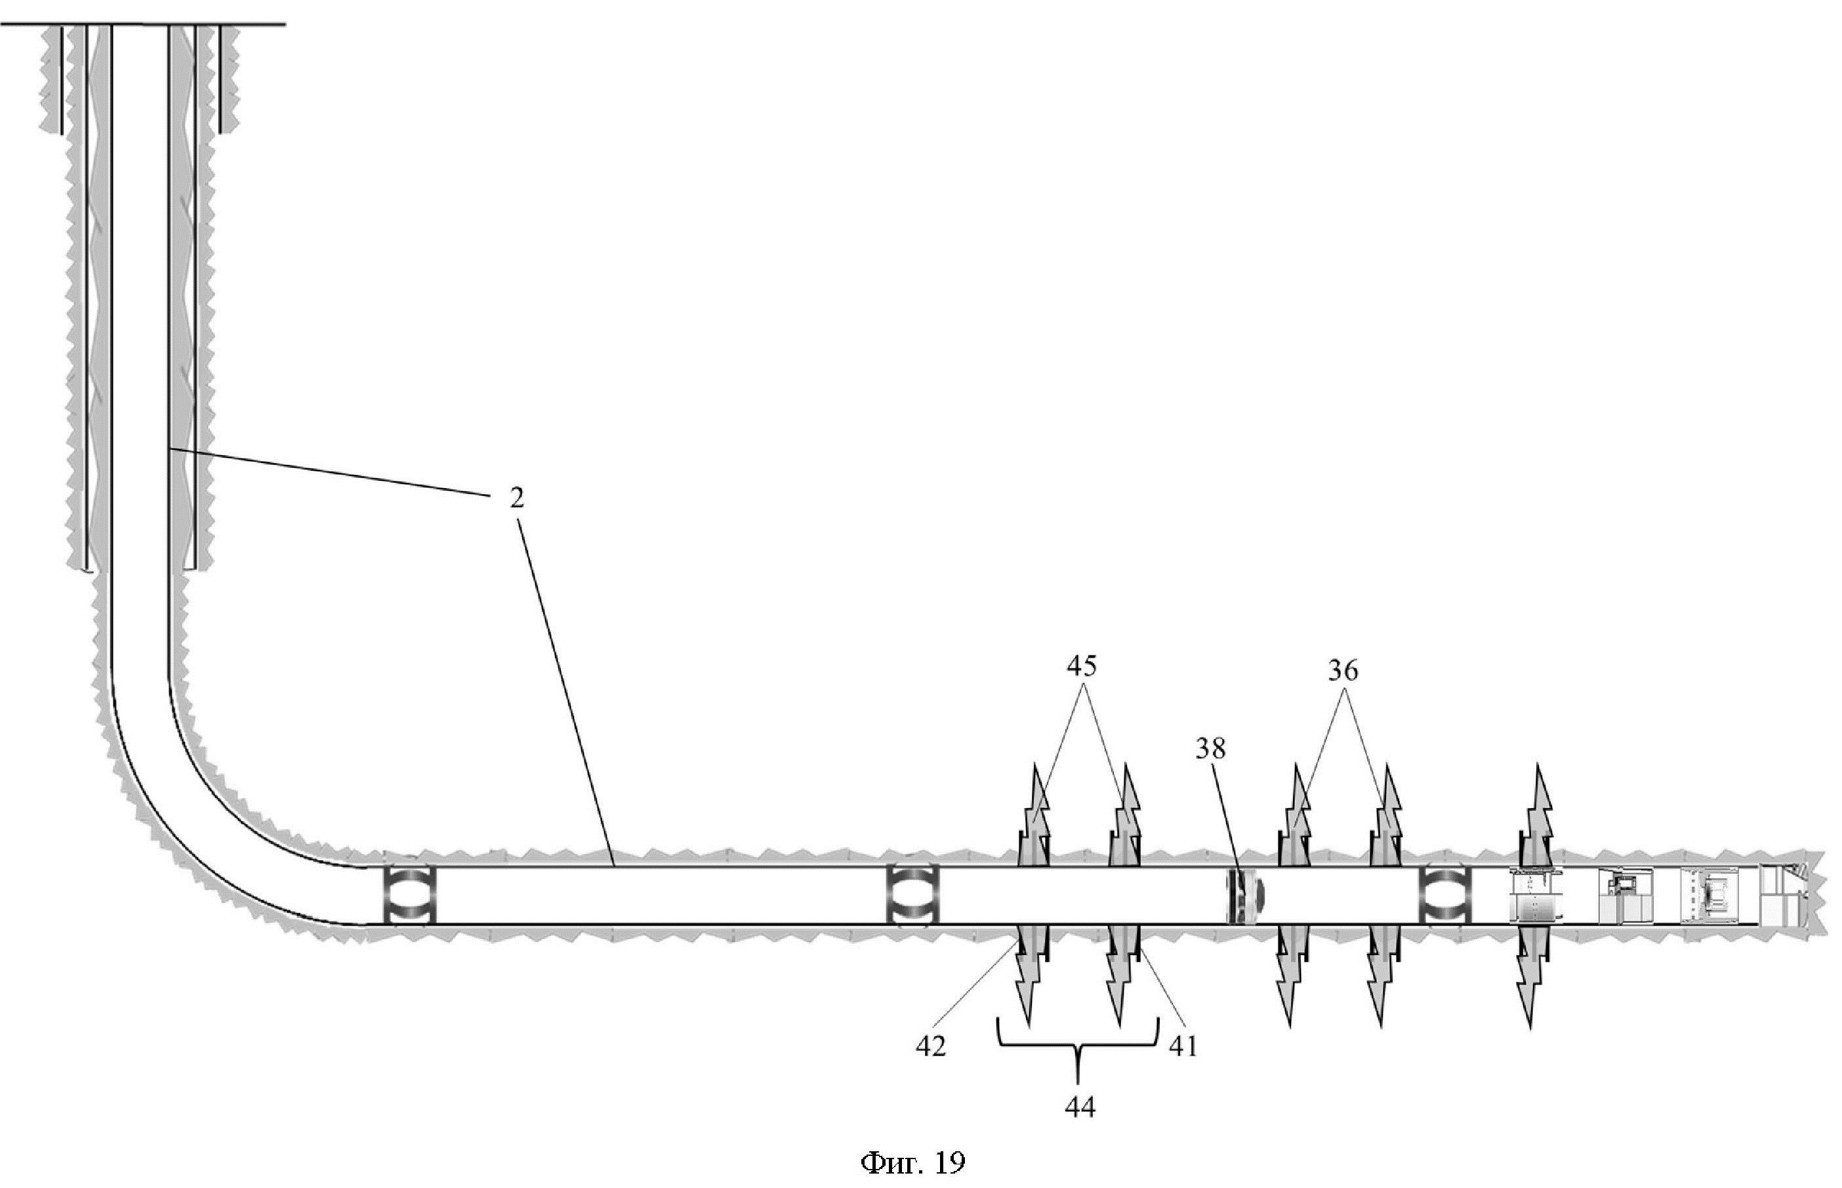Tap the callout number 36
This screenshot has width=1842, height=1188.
pyautogui.click(x=1342, y=672)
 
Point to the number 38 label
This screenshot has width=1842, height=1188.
pyautogui.click(x=1210, y=748)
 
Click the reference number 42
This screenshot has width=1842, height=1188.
pyautogui.click(x=930, y=1046)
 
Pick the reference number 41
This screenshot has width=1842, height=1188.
pyautogui.click(x=1183, y=1046)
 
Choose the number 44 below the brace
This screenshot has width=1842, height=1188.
pyautogui.click(x=1079, y=1108)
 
